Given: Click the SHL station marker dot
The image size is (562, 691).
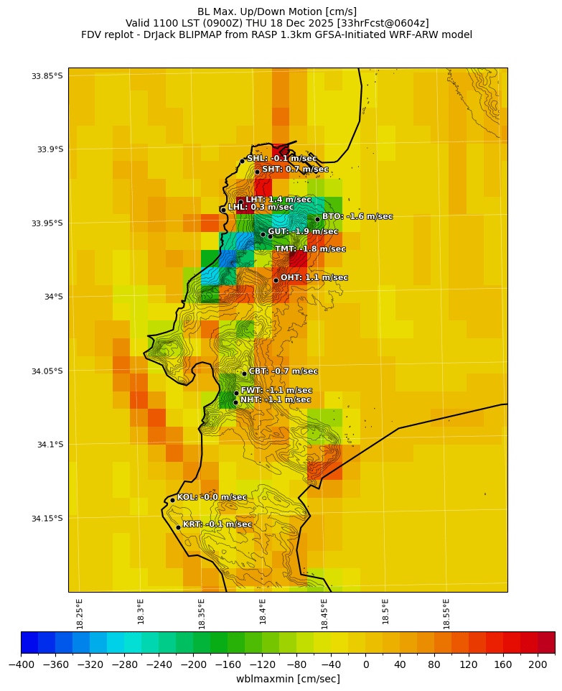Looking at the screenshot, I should [243, 161].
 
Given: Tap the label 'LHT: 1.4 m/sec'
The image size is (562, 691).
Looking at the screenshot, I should [278, 200].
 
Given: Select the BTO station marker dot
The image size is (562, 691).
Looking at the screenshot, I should [317, 219].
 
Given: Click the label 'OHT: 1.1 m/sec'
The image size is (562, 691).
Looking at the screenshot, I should [314, 277].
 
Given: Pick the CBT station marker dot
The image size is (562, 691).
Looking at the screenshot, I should [244, 374].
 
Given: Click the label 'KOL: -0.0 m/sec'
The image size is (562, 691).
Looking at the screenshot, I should [212, 497].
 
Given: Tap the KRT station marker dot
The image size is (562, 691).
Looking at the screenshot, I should [179, 527].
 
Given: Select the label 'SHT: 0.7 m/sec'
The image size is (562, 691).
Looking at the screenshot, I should [295, 170].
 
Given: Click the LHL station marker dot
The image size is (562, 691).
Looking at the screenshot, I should [223, 210].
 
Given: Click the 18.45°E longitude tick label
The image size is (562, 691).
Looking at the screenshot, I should [324, 613].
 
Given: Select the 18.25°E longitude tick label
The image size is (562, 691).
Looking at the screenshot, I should [80, 613].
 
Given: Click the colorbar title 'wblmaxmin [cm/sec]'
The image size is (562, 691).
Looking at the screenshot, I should [288, 679].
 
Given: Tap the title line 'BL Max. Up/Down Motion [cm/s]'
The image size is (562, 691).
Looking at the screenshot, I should [277, 11].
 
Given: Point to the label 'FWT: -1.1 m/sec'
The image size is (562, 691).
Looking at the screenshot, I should [276, 390].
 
